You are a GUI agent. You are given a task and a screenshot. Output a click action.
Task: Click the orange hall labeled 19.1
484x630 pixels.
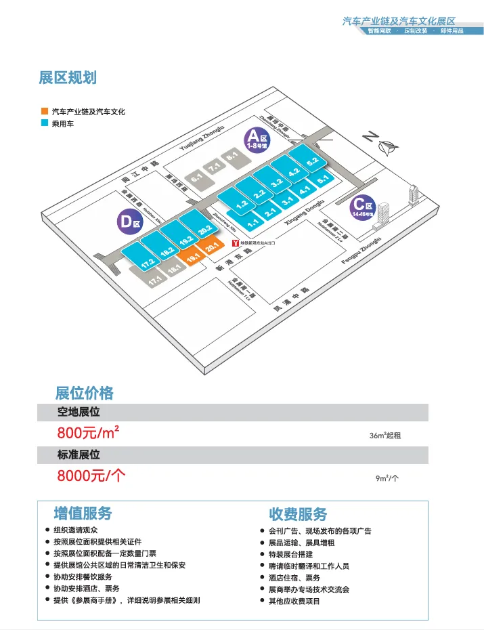194,257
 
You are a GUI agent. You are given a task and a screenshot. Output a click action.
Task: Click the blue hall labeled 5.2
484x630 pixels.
312,163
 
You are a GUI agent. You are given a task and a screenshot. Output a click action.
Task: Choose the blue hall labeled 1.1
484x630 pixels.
254,222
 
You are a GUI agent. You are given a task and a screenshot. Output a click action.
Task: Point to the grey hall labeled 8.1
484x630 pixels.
233,156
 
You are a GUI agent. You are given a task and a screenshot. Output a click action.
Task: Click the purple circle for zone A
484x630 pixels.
257,141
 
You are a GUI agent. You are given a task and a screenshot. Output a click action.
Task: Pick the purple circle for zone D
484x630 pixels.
129,222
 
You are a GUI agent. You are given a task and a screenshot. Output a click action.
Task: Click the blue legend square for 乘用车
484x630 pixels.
44,123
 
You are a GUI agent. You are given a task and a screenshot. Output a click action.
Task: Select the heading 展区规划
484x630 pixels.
68,78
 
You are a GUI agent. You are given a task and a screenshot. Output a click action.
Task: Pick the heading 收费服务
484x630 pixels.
298,513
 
